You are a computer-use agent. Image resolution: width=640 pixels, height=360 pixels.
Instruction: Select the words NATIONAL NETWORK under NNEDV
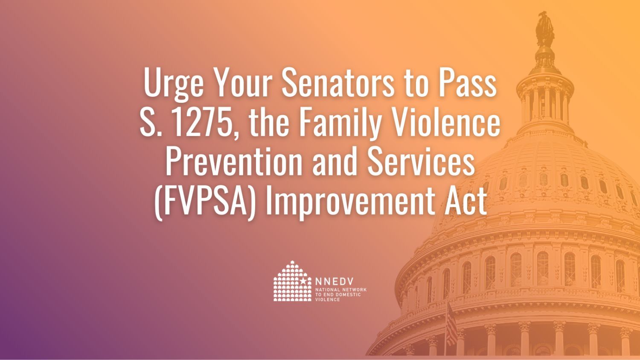click(340, 290)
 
